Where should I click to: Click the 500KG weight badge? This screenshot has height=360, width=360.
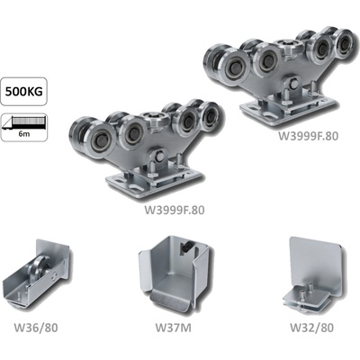[23, 91]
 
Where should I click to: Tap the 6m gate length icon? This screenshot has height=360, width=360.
[23, 127]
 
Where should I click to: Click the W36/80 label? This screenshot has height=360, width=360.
[36, 328]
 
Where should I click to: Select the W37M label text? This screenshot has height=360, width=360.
[173, 328]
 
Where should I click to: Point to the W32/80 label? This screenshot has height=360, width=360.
[311, 328]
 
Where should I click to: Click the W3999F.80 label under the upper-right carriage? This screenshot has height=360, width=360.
[308, 136]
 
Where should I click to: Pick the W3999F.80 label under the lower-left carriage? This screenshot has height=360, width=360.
[175, 210]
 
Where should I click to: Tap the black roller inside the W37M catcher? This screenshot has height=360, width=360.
[187, 248]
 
